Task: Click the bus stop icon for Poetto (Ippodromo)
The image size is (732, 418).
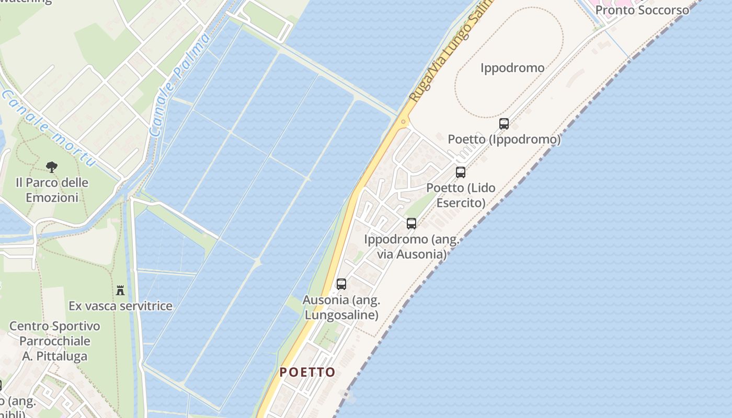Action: pyautogui.click(x=504, y=124)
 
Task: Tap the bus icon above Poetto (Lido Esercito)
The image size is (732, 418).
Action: pyautogui.click(x=461, y=172)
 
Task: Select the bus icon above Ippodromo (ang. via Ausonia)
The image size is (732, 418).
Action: pyautogui.click(x=411, y=224)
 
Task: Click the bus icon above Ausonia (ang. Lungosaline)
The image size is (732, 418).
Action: pyautogui.click(x=341, y=284)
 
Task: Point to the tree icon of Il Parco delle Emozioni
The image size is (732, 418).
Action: pyautogui.click(x=51, y=167)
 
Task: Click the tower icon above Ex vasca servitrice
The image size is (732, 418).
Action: pyautogui.click(x=120, y=290)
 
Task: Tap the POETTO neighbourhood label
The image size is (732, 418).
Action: pyautogui.click(x=307, y=372)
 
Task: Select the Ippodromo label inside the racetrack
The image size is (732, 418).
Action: pyautogui.click(x=512, y=68)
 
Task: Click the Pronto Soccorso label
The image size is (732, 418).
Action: pyautogui.click(x=642, y=10)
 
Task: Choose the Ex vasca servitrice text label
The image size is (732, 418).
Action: pyautogui.click(x=120, y=306)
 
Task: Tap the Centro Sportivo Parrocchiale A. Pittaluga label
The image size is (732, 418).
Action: pyautogui.click(x=55, y=341)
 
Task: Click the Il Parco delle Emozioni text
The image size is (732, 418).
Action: pyautogui.click(x=52, y=190)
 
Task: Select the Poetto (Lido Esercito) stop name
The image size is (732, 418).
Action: pyautogui.click(x=461, y=195)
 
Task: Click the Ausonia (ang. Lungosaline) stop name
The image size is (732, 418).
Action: pyautogui.click(x=341, y=308)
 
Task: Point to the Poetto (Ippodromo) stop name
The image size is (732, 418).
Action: pyautogui.click(x=504, y=140)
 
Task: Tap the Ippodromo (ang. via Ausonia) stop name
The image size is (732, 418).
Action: pyautogui.click(x=411, y=247)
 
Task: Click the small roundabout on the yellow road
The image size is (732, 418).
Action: pyautogui.click(x=403, y=122)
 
